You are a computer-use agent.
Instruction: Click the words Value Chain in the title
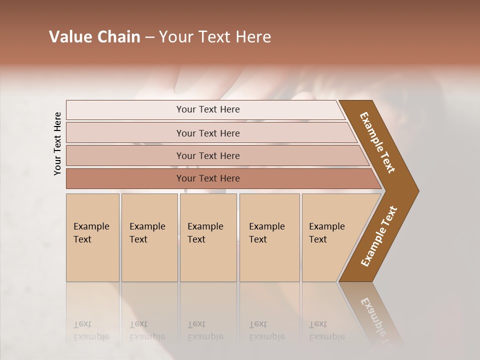(94, 37)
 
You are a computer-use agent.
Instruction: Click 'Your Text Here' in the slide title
(215, 37)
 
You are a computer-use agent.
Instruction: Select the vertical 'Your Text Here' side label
(57, 143)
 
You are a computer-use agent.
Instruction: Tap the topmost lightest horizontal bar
(207, 109)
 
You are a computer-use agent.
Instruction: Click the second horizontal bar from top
(207, 133)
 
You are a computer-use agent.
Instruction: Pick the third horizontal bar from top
(207, 155)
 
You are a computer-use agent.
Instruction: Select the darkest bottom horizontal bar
(207, 178)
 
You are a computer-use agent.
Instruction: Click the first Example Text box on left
(92, 237)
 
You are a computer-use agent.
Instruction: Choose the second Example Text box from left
(149, 237)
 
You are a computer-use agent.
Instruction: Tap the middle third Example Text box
(208, 237)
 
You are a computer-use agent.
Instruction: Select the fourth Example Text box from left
(269, 237)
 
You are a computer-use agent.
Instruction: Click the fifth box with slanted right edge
(330, 237)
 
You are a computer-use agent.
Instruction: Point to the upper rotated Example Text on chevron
(378, 142)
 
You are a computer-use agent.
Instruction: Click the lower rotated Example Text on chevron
(379, 236)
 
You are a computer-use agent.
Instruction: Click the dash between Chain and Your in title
(149, 37)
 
